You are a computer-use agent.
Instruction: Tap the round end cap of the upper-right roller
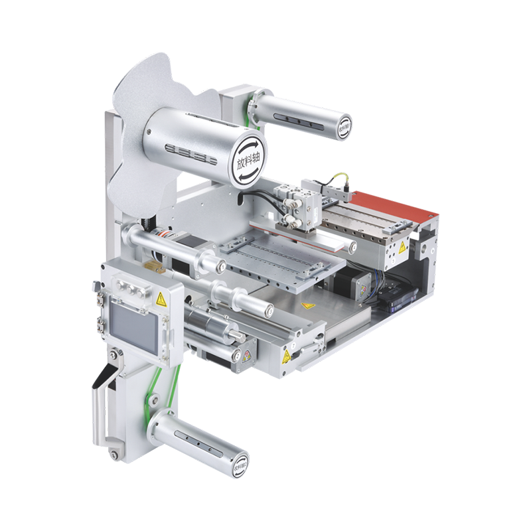344,125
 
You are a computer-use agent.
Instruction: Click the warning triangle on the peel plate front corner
286,356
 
